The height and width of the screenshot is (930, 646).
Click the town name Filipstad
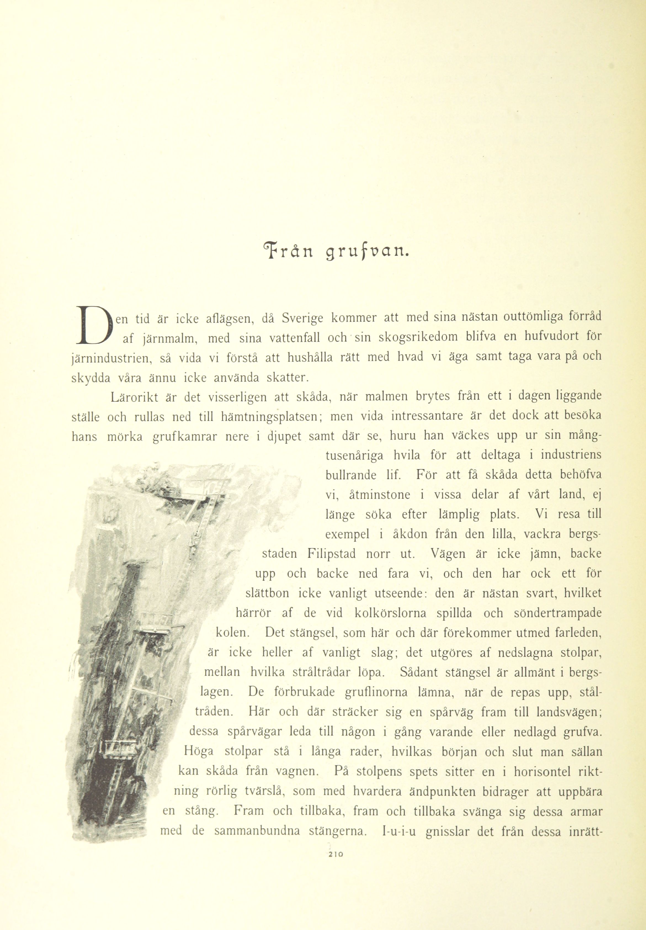coord(331,554)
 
